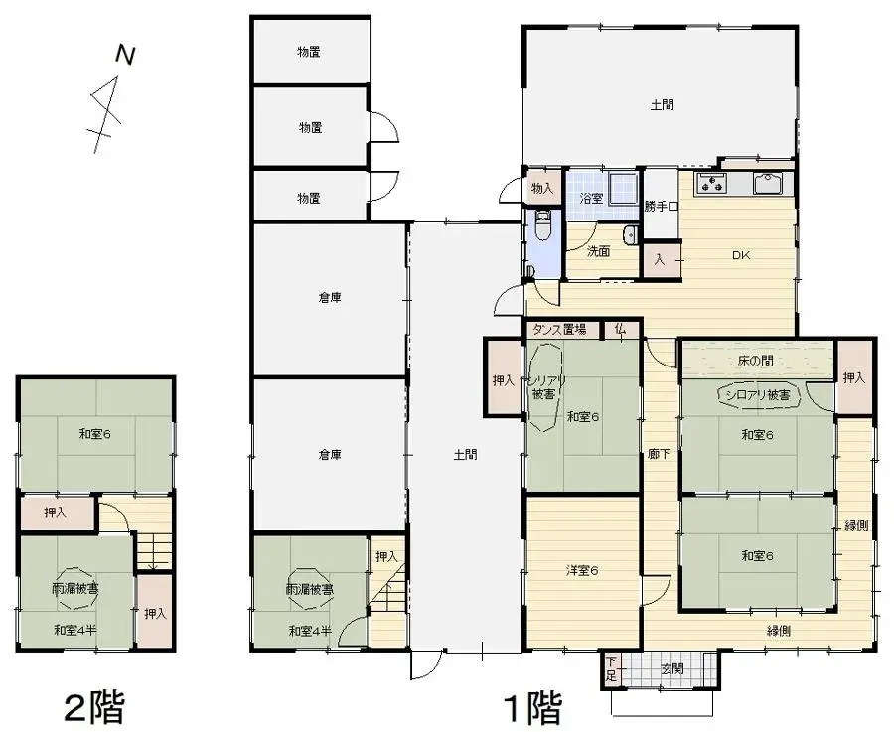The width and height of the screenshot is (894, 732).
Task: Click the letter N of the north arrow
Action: [124, 56]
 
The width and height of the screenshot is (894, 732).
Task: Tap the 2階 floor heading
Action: [93, 707]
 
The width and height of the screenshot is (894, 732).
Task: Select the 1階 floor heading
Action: [531, 707]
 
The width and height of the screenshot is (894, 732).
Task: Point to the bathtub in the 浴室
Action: [623, 187]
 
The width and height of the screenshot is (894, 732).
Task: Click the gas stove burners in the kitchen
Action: [713, 182]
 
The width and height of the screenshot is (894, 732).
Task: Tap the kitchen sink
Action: [769, 183]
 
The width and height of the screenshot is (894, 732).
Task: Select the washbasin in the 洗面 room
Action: [630, 235]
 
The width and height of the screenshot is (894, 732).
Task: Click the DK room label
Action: [741, 255]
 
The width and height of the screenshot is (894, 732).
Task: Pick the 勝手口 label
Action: [660, 207]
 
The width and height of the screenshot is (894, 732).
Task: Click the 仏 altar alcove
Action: [620, 329]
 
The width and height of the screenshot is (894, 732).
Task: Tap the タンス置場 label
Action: [559, 329]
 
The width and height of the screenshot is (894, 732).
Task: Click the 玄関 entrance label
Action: [672, 668]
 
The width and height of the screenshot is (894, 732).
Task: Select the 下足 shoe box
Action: [611, 669]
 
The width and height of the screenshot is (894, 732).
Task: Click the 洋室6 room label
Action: [581, 570]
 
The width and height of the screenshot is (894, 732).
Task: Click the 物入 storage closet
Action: [542, 187]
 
